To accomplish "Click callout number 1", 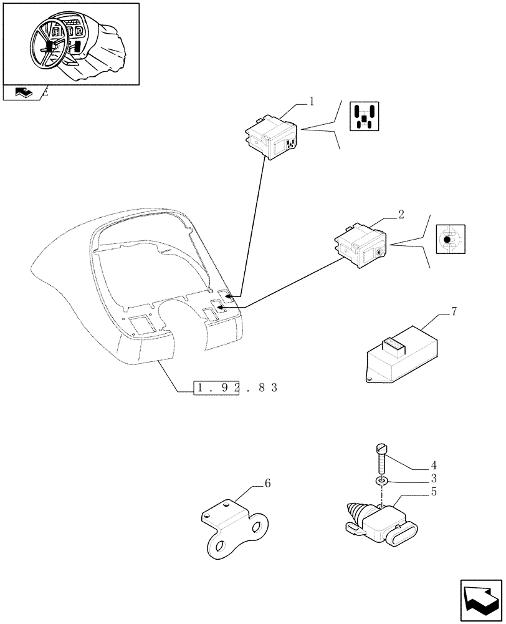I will [312, 100].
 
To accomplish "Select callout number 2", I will [401, 214].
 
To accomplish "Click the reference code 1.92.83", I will [235, 388].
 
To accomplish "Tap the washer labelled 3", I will [382, 482].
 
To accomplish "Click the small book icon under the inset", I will [22, 93].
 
